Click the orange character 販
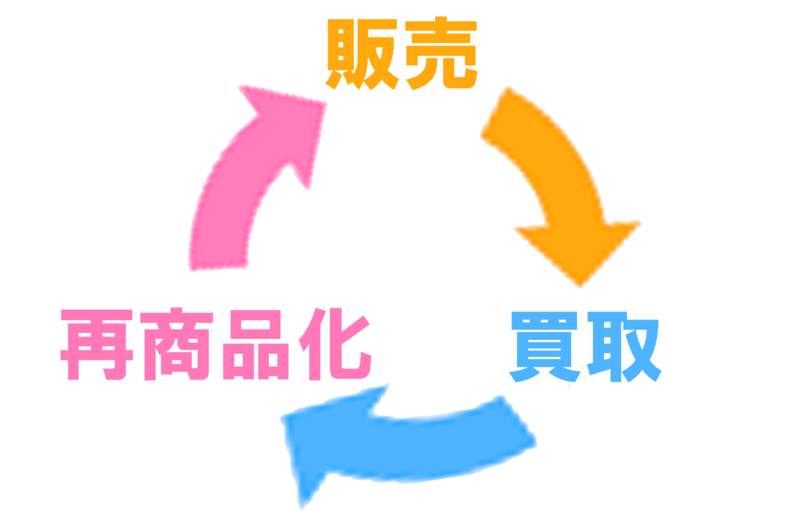pyautogui.click(x=362, y=54)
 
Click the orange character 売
pyautogui.click(x=441, y=53)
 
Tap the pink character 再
pyautogui.click(x=97, y=344)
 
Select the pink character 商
pyautogui.click(x=177, y=344)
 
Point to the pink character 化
pyautogui.click(x=335, y=344)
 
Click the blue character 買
pyautogui.click(x=545, y=347)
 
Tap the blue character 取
pyautogui.click(x=624, y=347)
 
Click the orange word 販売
pyautogui.click(x=402, y=54)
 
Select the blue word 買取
pyautogui.click(x=585, y=347)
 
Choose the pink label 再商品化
pyautogui.click(x=216, y=344)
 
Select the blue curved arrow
pyautogui.click(x=406, y=442)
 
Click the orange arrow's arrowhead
pyautogui.click(x=579, y=249)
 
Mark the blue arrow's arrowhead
pyautogui.click(x=325, y=438)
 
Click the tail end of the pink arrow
pyautogui.click(x=219, y=266)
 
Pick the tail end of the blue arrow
pyautogui.click(x=518, y=422)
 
